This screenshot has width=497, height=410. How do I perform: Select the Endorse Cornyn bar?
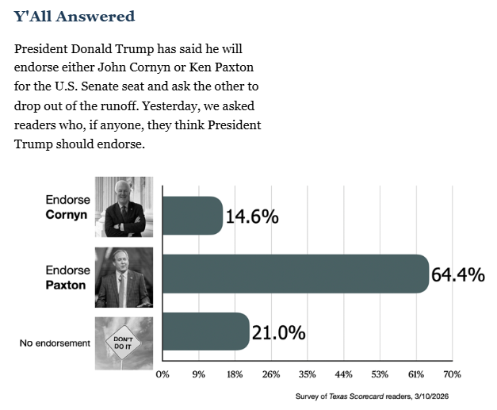click(x=192, y=216)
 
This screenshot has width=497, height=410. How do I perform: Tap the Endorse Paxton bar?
click(x=294, y=274)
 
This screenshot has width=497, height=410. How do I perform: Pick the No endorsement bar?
click(x=205, y=331)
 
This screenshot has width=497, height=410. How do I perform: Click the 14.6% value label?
click(x=252, y=216)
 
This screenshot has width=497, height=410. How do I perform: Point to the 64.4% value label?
click(x=457, y=274)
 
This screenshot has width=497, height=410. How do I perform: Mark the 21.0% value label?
click(x=278, y=332)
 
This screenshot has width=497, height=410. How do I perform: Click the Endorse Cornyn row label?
click(x=67, y=208)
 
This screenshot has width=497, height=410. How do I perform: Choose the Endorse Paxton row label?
click(x=67, y=276)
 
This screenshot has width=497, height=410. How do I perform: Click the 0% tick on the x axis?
click(x=162, y=374)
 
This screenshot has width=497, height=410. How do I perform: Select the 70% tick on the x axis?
click(x=452, y=374)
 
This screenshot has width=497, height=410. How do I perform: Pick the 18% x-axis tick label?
click(x=235, y=374)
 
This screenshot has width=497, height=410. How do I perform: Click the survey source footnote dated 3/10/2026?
click(x=377, y=396)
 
